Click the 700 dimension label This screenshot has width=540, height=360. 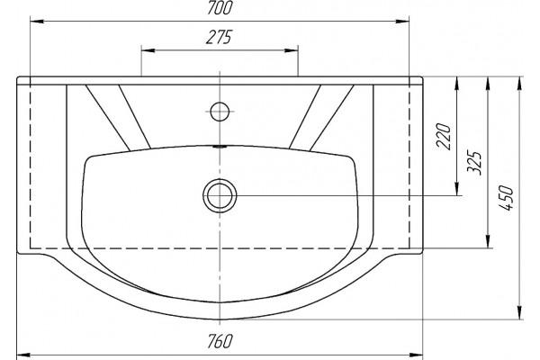tap(220, 8)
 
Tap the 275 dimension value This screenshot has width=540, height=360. tap(220, 37)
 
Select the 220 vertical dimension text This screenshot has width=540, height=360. tap(444, 136)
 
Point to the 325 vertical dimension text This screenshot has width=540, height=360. tap(474, 163)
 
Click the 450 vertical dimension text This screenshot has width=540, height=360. tap(506, 198)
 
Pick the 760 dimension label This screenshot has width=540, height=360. tap(220, 341)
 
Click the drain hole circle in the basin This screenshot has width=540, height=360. tap(220, 195)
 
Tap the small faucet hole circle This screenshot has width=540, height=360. tap(220, 112)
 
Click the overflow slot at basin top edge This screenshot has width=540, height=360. tap(220, 147)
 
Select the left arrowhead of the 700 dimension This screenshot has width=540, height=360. tap(37, 22)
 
